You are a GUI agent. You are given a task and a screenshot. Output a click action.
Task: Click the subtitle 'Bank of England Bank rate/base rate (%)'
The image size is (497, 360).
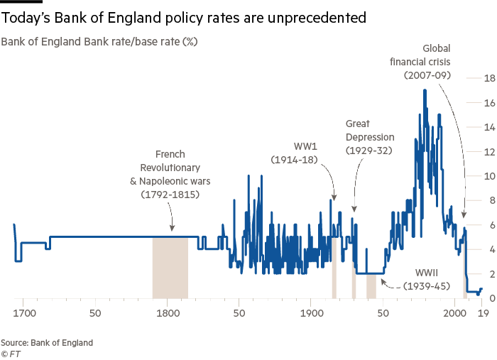click(x=99, y=42)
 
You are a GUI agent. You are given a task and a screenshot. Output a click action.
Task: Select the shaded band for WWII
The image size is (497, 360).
click(x=371, y=285)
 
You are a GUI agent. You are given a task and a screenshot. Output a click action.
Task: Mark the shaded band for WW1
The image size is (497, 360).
click(x=334, y=268)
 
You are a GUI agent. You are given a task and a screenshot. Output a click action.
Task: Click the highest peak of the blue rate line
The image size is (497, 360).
click(x=425, y=89)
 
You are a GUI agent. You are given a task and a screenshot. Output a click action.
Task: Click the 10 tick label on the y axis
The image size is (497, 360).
click(x=470, y=176)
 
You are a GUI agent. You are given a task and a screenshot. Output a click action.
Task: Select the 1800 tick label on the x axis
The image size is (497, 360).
click(x=167, y=310)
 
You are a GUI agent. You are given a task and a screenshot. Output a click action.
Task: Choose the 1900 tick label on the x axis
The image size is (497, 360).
click(x=310, y=310)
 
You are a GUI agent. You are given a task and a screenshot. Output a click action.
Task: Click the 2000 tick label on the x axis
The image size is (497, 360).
click(x=454, y=310)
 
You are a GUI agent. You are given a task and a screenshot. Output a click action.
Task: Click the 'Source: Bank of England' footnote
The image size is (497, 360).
click(x=47, y=342)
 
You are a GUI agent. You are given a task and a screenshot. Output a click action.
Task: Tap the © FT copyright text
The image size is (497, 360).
click(x=11, y=352)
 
